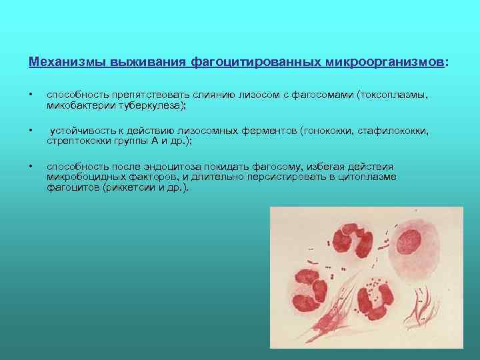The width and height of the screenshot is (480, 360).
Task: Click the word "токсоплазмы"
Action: point(393,95)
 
